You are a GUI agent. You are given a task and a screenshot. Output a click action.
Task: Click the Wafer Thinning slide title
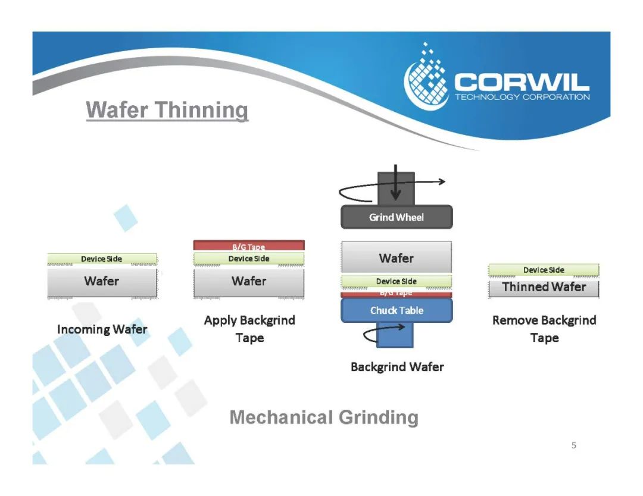tap(167, 111)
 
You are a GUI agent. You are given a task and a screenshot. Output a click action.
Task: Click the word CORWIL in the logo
tap(522, 82)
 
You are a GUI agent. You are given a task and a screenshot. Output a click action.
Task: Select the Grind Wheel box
tap(397, 217)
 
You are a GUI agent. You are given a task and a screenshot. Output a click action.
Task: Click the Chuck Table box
tap(397, 310)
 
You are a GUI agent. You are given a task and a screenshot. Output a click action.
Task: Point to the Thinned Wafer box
tap(544, 287)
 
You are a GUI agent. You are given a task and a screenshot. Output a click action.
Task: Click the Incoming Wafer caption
tap(102, 329)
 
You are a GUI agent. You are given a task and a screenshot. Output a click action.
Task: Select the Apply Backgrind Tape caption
tap(249, 329)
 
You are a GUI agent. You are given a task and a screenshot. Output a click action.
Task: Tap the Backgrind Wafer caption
tap(397, 367)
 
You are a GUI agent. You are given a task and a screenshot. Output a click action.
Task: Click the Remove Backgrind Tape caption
tap(544, 329)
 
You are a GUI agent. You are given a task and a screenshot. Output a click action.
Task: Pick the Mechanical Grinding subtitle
tap(324, 417)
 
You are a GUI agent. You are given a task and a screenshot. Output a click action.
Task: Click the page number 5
tap(574, 445)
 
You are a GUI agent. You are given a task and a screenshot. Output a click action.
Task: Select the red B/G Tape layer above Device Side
tap(249, 245)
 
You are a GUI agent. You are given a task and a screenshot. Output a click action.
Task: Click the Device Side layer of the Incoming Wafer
tap(102, 259)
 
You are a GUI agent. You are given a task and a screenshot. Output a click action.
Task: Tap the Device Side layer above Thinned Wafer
tap(544, 270)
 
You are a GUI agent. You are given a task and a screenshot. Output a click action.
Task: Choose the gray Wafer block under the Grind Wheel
tap(397, 258)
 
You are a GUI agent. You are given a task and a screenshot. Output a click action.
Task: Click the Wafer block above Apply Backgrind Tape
tap(249, 281)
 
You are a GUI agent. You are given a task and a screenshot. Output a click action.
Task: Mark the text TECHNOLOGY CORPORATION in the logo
tap(522, 97)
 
